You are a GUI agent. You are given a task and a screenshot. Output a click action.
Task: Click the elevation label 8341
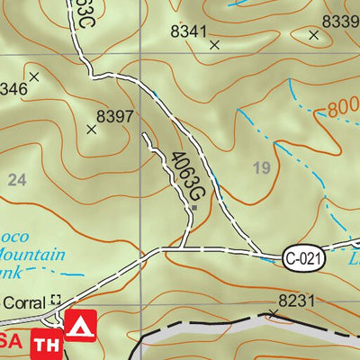point(189,30)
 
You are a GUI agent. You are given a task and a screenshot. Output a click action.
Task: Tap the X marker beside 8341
point(214,43)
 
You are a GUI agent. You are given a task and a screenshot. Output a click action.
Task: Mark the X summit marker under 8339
point(313,35)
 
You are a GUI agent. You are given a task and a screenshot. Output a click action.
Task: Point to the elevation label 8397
point(114,115)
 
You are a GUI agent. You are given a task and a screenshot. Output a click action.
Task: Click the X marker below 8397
point(91,130)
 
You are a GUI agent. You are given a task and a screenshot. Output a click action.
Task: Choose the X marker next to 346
point(34,77)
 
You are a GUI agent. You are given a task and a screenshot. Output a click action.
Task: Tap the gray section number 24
point(16,180)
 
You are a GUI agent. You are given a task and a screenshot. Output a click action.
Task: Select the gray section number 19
point(263,166)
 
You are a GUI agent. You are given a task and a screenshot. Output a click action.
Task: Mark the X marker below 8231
point(273,313)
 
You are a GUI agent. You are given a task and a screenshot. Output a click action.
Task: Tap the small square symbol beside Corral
point(57,301)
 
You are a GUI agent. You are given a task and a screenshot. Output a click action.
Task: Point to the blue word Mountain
point(33,255)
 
